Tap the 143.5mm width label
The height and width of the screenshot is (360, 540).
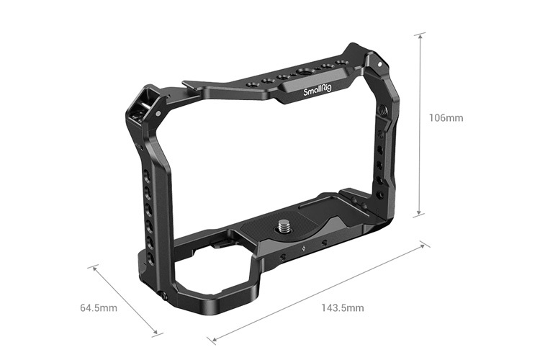pos(342,308)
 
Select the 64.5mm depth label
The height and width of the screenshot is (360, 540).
pos(99,308)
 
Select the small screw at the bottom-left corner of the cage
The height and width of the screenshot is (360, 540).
pos(164,296)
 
